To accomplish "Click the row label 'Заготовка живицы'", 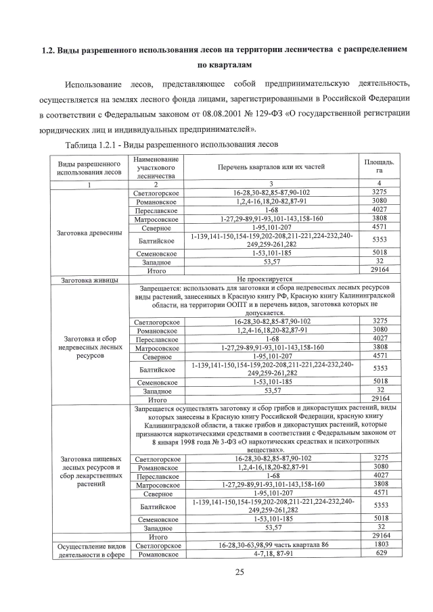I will tap(89, 279).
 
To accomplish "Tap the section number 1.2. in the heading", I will tap(48, 51).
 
